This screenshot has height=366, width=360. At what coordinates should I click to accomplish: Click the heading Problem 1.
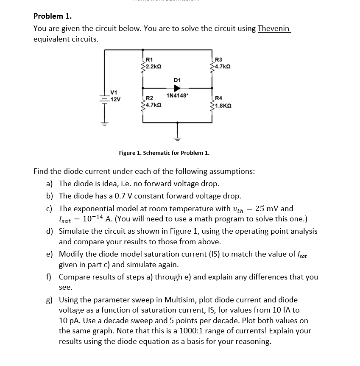[53, 16]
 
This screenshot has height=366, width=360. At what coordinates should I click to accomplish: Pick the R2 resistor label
[149, 98]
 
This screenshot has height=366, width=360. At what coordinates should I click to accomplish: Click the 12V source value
[115, 99]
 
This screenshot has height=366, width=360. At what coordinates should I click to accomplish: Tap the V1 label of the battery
[114, 92]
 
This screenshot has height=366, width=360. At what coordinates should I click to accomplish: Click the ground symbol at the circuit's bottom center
[177, 138]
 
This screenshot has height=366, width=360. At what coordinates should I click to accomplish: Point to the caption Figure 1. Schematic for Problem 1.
[164, 153]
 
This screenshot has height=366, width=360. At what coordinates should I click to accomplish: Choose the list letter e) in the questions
[50, 254]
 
